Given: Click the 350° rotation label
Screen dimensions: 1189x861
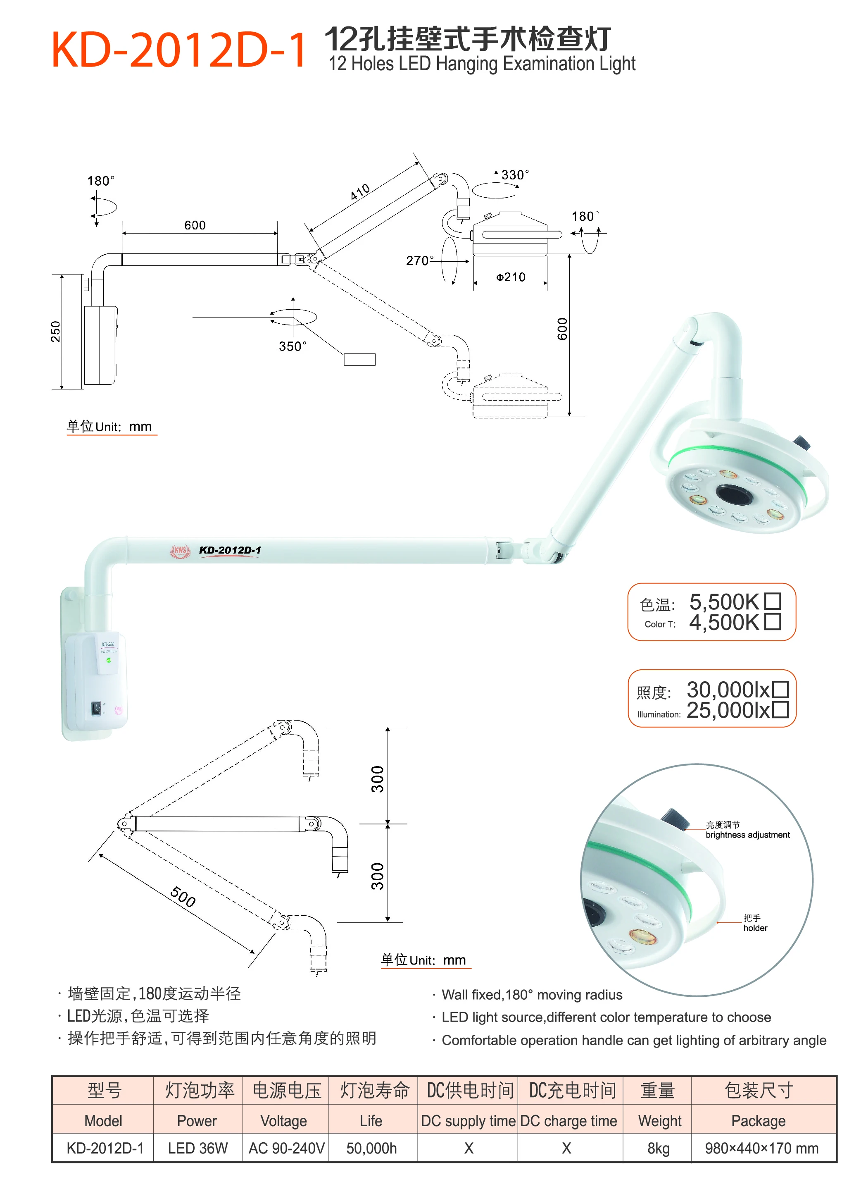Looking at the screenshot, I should (293, 346).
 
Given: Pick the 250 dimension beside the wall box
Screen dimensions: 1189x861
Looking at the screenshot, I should (55, 331).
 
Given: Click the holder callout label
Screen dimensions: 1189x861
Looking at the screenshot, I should (755, 927).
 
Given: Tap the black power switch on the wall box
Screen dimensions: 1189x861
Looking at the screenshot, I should (96, 708).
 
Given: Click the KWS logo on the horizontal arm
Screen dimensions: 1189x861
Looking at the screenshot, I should (180, 550).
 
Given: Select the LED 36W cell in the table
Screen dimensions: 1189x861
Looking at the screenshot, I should (197, 1148).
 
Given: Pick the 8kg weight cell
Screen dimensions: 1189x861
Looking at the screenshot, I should (658, 1148).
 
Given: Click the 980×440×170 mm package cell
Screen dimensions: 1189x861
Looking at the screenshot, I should (761, 1148).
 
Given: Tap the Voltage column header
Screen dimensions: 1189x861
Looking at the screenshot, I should (283, 1121).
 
